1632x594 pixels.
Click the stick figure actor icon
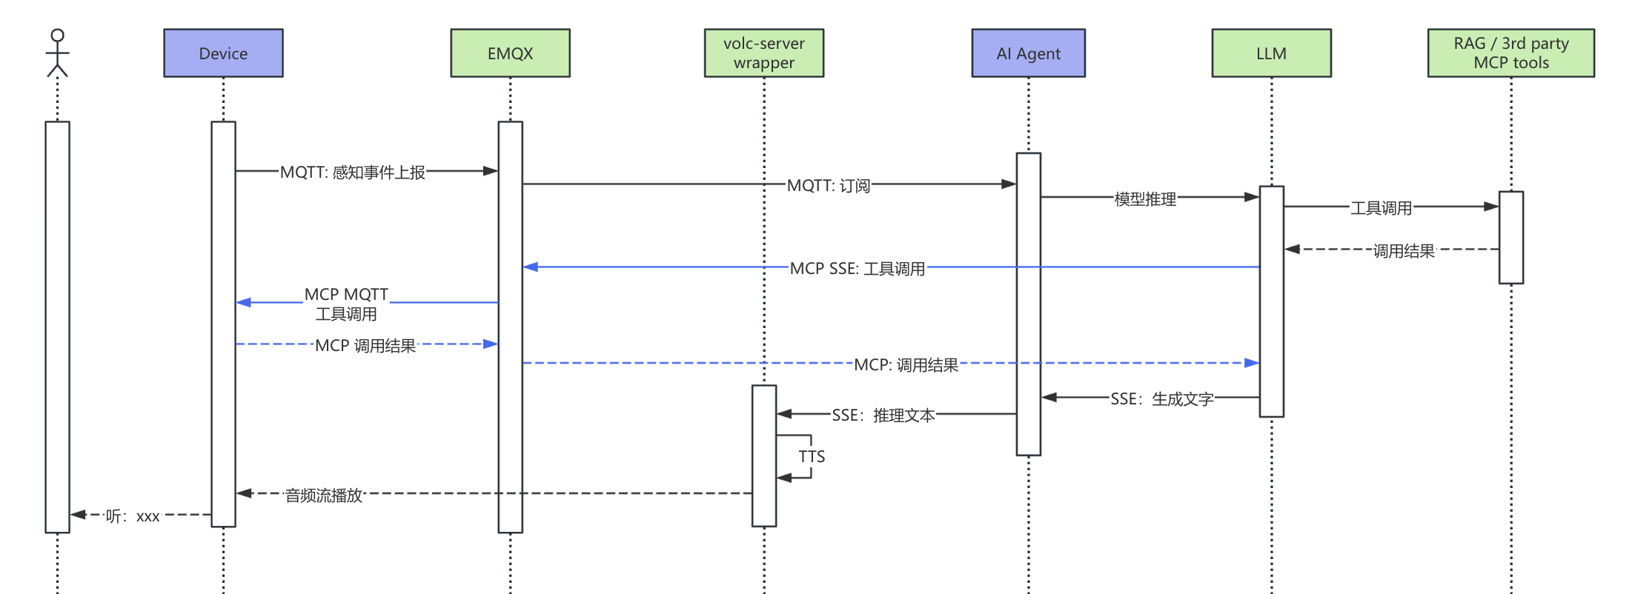click(57, 53)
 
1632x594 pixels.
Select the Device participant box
click(223, 53)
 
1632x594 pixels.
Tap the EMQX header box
click(510, 53)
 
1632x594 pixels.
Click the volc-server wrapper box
click(763, 53)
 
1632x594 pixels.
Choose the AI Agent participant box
click(1028, 53)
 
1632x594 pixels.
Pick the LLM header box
click(1271, 53)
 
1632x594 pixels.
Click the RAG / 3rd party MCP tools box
click(1510, 53)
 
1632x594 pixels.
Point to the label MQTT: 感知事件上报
click(353, 173)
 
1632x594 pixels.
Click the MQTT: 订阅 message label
click(829, 186)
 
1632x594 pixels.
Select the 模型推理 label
click(1145, 199)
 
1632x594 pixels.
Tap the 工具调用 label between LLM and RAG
click(1381, 208)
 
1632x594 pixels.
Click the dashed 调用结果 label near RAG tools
click(1403, 251)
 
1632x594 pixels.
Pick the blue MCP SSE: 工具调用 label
click(858, 269)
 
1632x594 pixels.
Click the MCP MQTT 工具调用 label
click(346, 304)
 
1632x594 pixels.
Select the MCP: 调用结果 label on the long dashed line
click(906, 365)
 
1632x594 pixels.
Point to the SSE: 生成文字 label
click(1161, 399)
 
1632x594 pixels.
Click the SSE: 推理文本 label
click(883, 416)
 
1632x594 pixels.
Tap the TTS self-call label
click(812, 456)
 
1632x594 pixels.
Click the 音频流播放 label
click(324, 495)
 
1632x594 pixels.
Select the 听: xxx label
click(132, 516)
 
